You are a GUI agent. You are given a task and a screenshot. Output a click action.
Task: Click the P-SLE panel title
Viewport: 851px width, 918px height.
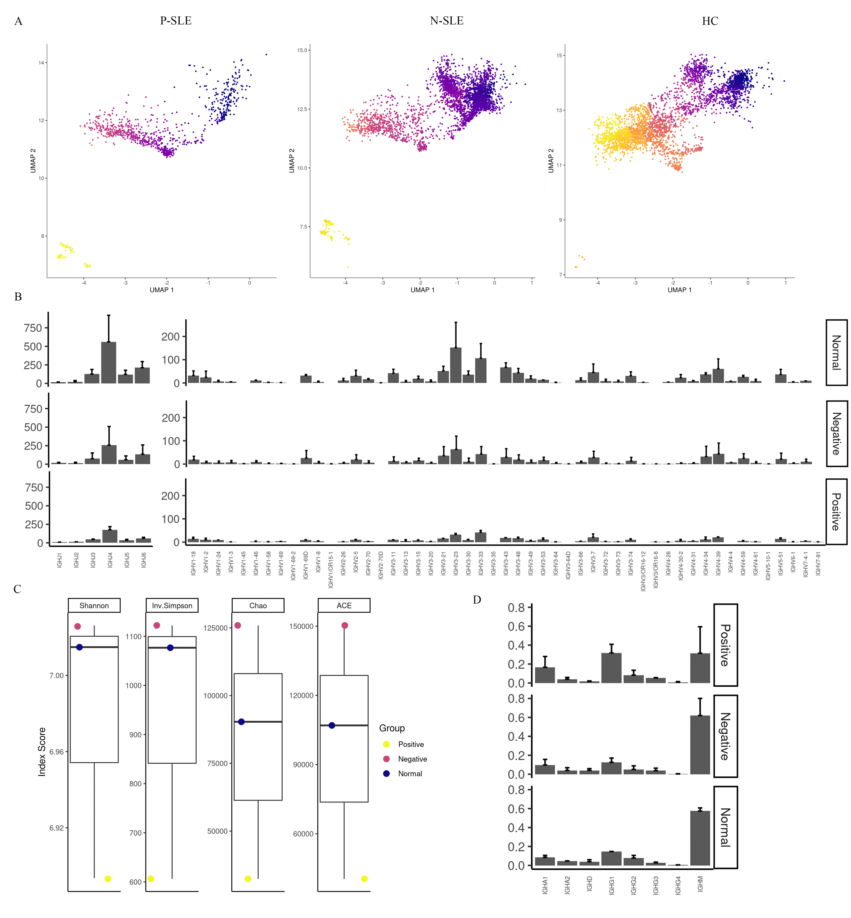tap(175, 21)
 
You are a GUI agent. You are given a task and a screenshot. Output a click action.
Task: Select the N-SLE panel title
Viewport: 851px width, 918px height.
tap(446, 21)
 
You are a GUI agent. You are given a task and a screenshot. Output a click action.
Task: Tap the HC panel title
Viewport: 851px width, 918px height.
tap(710, 21)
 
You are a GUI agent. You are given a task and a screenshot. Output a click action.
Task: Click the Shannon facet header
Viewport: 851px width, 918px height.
tap(94, 605)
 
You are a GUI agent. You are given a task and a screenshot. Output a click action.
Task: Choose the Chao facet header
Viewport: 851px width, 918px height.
tap(258, 605)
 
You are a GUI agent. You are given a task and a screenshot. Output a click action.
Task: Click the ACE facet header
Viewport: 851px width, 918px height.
tap(344, 605)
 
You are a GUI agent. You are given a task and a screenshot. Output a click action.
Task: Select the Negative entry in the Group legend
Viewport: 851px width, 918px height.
tap(412, 759)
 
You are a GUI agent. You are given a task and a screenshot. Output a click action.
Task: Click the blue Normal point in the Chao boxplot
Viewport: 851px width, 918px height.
tap(241, 722)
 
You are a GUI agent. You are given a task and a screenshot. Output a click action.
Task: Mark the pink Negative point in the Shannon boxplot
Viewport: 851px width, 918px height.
tap(77, 626)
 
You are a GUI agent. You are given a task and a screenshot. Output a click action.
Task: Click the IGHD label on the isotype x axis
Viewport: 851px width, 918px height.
tap(589, 884)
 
